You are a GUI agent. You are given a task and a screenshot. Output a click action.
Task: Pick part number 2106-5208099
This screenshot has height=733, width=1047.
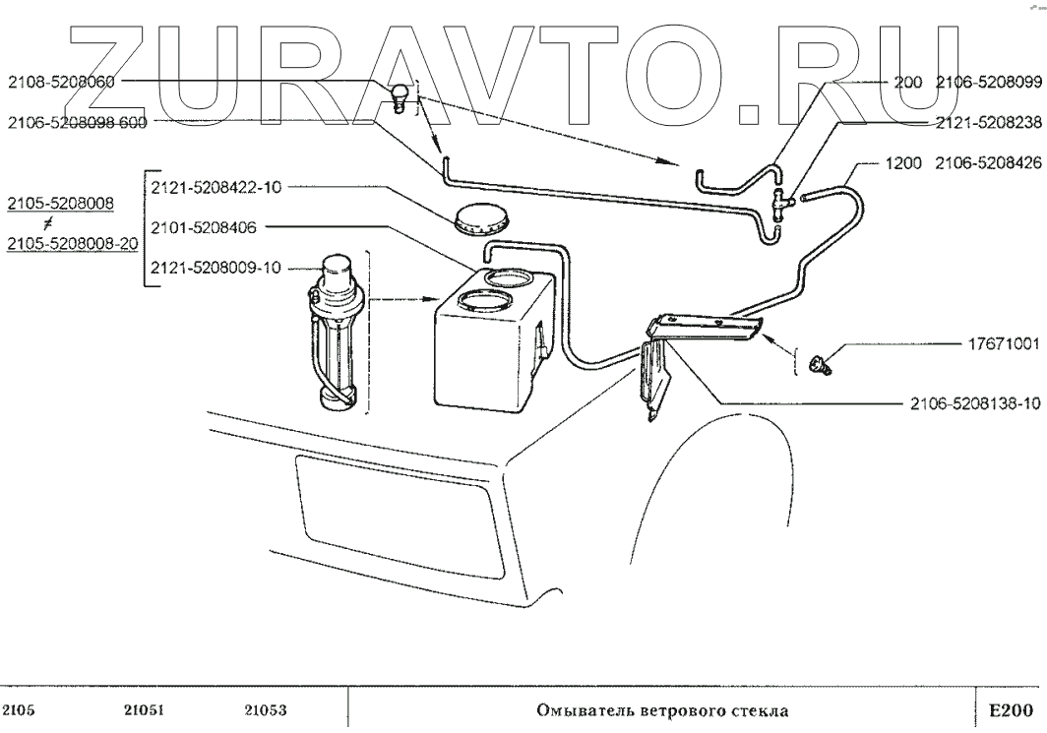pos(987,83)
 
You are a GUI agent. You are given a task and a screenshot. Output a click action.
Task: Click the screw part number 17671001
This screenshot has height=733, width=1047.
pos(999,345)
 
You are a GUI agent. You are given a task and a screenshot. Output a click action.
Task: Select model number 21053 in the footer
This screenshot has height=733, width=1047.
pos(264,708)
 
